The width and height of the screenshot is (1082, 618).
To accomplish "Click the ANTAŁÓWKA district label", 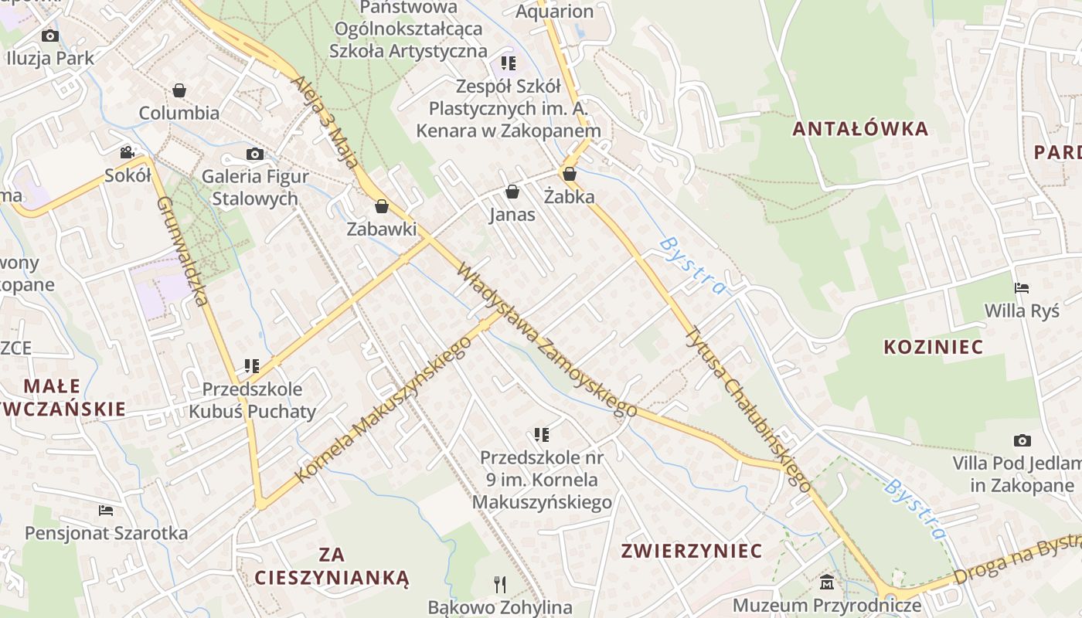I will pos(860,129).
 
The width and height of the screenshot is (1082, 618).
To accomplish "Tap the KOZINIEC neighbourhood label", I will pos(934,347).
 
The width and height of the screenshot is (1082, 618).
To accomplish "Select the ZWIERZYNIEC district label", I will pos(692,551).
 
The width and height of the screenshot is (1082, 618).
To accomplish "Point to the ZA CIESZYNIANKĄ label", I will pos(332,565).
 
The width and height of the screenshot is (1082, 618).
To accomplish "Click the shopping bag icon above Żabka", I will pos(570,174).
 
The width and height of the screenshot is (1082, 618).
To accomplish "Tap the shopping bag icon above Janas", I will pos(512,192).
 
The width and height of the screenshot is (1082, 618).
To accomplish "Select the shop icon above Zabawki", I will pos(381,206).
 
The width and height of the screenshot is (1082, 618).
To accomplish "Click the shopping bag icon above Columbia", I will pos(179,90).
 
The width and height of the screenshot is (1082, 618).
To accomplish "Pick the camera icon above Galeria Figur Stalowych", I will pos(254,154).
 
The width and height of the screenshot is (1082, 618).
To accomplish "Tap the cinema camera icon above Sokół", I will pos(128,153).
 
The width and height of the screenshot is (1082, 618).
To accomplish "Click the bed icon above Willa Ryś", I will pos(1022,288).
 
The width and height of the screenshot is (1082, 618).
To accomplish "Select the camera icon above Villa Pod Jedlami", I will pos(1022,441).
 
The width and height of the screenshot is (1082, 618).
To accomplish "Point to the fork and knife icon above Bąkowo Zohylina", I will pos(500,585).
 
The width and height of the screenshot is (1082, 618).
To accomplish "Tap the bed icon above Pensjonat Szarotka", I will pos(106,511).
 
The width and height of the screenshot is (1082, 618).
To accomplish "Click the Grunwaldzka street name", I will pos(182,251).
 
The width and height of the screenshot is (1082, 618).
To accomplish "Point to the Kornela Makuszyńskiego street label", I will pos(384,410).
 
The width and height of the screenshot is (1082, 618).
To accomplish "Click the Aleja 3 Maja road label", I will pos(325,121).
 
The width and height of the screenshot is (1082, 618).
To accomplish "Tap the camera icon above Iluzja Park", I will pos(50,36).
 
